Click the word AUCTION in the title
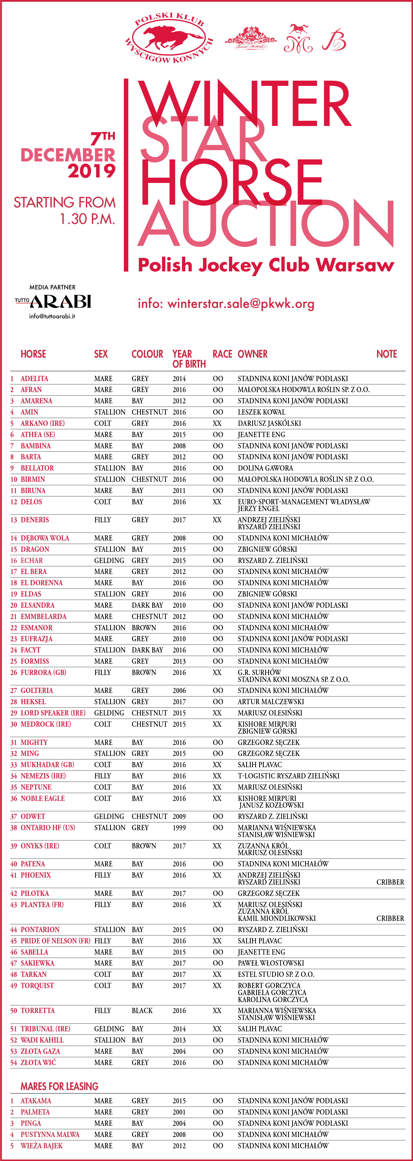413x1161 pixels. tap(266, 224)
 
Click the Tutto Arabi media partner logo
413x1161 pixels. tap(53, 301)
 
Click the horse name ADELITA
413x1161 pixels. tap(34, 379)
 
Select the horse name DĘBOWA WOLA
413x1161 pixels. tap(45, 538)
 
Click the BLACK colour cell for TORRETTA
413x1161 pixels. tap(142, 1011)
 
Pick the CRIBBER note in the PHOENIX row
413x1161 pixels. tap(390, 882)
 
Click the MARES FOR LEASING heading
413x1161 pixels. tap(59, 1086)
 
